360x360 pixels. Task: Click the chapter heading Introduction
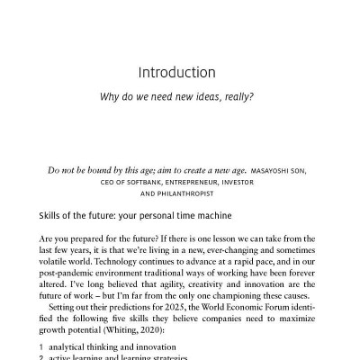[x=180, y=71]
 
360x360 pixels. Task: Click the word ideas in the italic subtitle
[x=207, y=96]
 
